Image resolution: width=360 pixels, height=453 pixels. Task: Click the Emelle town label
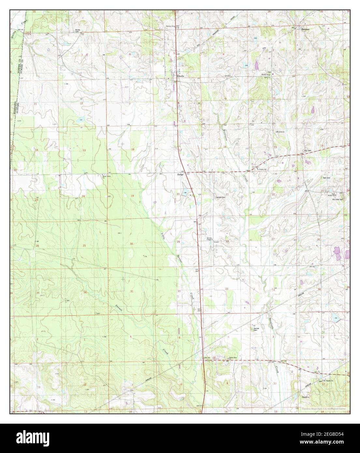(x=180, y=76)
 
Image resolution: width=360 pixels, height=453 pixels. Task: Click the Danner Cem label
(x=257, y=329)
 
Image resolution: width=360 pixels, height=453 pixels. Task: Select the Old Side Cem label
(x=338, y=199)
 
